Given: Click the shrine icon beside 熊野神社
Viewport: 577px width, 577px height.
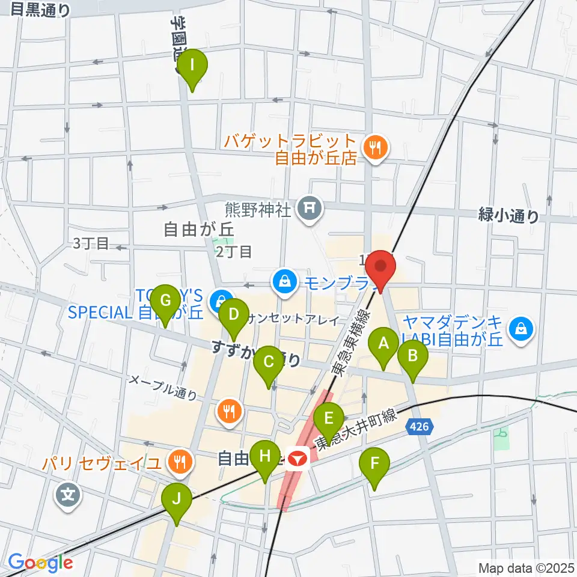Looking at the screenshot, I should tap(310, 209).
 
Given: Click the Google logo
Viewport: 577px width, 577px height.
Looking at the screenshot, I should tap(40, 563).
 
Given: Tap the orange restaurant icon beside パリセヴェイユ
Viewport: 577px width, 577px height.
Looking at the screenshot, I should tap(179, 462).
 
